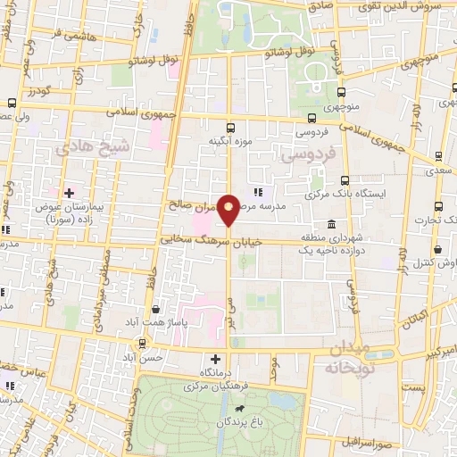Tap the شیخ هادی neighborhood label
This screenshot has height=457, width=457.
pos(93,147)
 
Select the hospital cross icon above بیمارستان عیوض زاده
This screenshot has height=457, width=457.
pos(69,192)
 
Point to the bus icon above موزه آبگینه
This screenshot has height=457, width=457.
pos(231,128)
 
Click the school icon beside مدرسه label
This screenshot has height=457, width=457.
pos(258,192)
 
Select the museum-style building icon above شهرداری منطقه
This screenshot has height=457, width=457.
pos(331,223)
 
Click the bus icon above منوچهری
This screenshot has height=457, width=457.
pos(343,91)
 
